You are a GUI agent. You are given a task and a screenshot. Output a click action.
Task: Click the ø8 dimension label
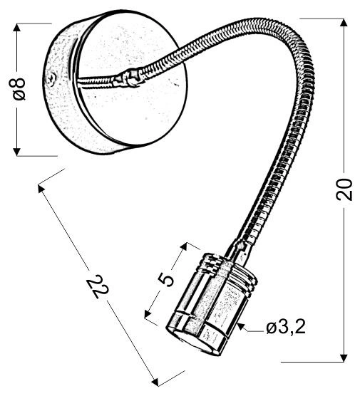pos(20,89)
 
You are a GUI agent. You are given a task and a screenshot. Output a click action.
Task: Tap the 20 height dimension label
pos(344,189)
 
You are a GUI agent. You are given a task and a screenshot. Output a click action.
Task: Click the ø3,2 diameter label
pos(286,328)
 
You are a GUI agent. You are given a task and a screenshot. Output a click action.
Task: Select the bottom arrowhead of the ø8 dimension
pos(16,152)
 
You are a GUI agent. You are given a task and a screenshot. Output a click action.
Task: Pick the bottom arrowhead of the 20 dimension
pos(344,358)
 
